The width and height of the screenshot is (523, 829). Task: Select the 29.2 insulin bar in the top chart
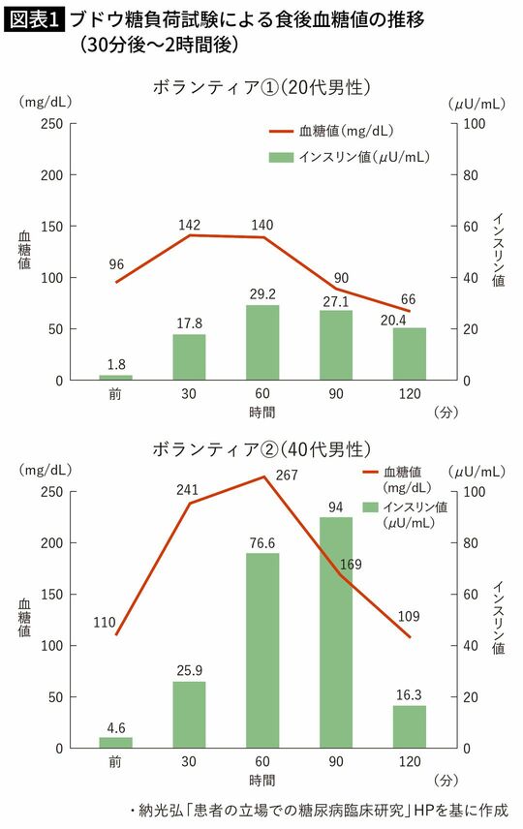coord(261,343)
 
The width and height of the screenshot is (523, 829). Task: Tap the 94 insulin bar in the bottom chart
coord(335,632)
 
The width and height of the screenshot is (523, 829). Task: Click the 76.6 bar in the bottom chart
coord(261,651)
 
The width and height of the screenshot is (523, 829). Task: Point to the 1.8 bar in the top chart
coord(115,378)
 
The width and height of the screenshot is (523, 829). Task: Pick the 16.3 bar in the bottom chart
coord(410,727)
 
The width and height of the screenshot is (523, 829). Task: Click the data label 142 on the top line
coord(189,225)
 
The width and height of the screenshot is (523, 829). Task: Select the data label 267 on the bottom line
coord(288,475)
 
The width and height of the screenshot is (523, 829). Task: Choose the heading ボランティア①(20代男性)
coord(261,87)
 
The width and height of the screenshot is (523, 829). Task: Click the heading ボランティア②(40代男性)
coord(261,449)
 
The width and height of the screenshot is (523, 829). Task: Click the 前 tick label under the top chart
coord(115,395)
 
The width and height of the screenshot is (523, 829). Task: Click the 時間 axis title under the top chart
coord(261,412)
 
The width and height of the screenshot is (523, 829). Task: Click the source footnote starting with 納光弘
coord(319,810)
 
